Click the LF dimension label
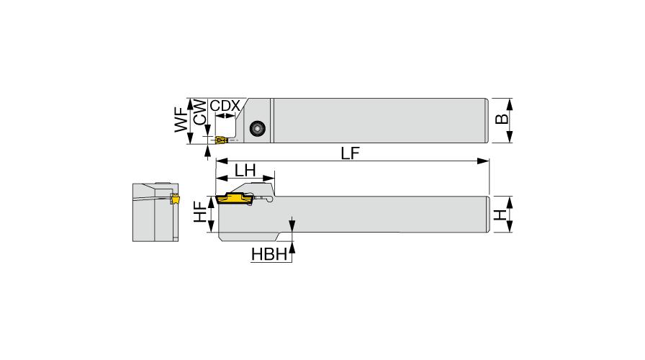click(x=350, y=153)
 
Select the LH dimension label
click(x=245, y=170)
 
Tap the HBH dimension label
click(x=269, y=255)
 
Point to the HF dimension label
click(x=201, y=212)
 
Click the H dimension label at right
click(x=500, y=215)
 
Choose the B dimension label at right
click(x=502, y=120)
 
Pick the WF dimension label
click(x=181, y=120)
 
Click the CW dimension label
click(x=200, y=112)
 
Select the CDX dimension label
click(x=225, y=106)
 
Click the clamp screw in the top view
click(x=258, y=128)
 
